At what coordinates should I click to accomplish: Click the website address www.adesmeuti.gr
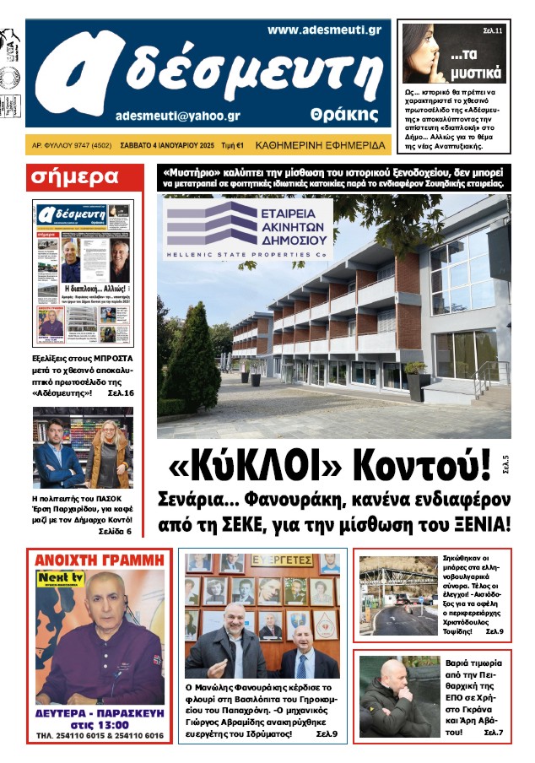point(324,30)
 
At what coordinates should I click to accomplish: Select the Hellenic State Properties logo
point(249,228)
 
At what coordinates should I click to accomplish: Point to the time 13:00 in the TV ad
point(111,724)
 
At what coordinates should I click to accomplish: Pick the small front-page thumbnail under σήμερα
point(83,275)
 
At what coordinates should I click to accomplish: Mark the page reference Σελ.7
point(493,731)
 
